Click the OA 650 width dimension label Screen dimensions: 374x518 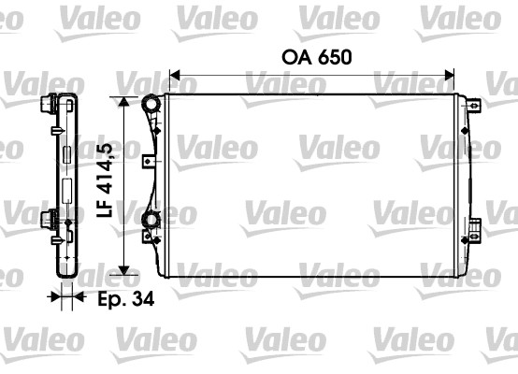(x=316, y=57)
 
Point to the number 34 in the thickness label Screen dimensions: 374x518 (x=141, y=299)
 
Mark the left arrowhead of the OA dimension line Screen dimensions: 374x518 (x=173, y=76)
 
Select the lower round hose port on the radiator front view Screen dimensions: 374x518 (x=150, y=223)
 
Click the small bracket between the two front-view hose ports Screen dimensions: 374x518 (x=148, y=161)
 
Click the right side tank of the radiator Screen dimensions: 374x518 (x=461, y=185)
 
